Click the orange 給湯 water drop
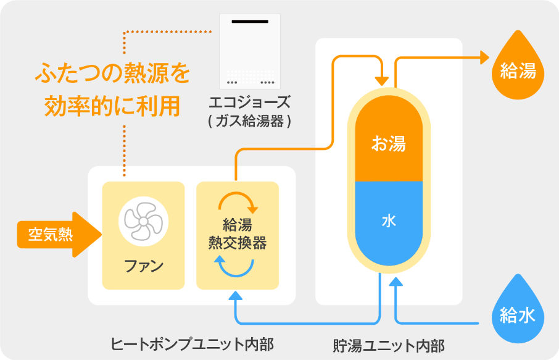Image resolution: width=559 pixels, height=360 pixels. tap(518, 69)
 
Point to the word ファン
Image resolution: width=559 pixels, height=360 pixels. tap(143, 267)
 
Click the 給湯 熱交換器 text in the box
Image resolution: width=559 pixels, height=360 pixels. tap(238, 235)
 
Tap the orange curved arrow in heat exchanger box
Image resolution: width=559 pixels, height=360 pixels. tap(238, 201)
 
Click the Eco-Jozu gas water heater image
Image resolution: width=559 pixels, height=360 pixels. tap(250, 51)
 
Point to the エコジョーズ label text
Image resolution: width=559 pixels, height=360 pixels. tap(250, 102)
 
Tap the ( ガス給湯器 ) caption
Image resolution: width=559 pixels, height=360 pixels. tap(250, 122)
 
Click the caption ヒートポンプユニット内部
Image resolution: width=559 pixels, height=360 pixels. tap(192, 343)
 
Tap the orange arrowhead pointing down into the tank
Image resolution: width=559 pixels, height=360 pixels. tap(383, 80)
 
